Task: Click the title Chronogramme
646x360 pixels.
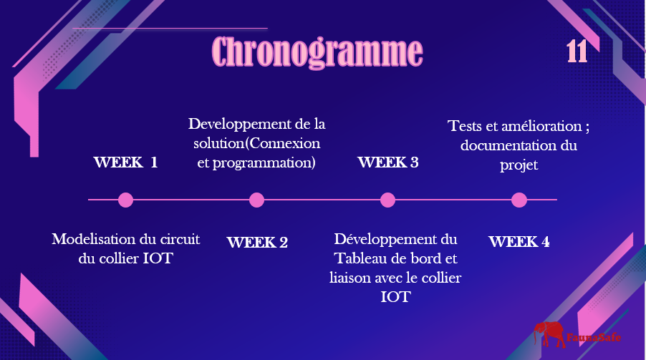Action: [317, 52]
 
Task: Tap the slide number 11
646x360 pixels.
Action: [577, 52]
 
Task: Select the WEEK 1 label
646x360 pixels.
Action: [125, 162]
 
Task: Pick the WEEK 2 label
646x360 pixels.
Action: [257, 242]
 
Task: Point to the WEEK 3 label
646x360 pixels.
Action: [388, 162]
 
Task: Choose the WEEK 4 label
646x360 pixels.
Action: [519, 242]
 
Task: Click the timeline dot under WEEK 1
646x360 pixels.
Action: [125, 200]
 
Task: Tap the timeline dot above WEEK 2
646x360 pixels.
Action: [256, 200]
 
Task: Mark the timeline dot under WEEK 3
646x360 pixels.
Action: [387, 200]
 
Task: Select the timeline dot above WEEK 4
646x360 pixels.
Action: [519, 200]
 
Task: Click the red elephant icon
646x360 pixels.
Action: [549, 334]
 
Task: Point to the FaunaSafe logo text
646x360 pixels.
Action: [594, 338]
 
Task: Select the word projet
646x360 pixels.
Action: [519, 165]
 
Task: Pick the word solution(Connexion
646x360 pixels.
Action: [257, 143]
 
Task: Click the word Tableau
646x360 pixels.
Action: [360, 258]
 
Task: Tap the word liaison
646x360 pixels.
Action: [350, 278]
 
